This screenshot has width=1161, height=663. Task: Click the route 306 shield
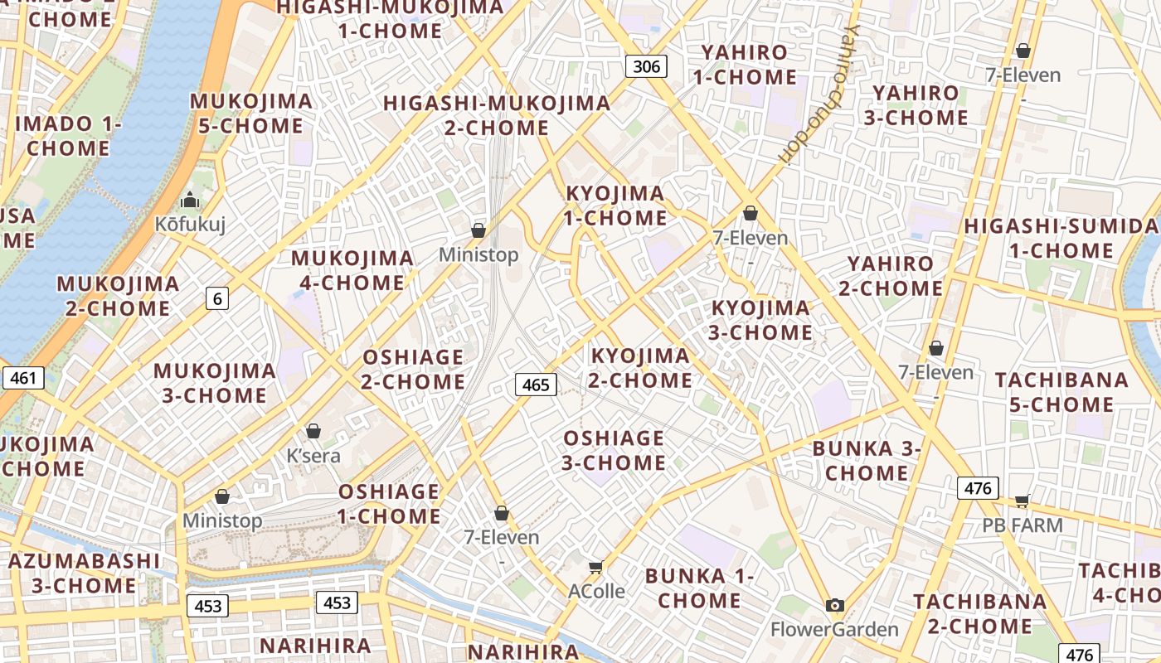(645, 66)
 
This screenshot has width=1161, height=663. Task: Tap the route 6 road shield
(217, 298)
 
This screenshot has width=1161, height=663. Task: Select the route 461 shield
(23, 379)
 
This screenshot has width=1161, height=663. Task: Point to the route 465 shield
(536, 385)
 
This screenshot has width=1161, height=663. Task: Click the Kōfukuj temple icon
(191, 200)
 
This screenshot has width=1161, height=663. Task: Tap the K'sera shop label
(313, 456)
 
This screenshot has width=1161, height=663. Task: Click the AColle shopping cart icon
(595, 567)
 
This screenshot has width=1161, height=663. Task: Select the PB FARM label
(1023, 525)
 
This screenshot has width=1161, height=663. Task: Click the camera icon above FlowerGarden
(835, 605)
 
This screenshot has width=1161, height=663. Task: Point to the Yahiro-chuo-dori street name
(818, 91)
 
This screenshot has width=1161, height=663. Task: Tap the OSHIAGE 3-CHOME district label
(614, 450)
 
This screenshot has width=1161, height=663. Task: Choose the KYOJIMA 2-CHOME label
(640, 368)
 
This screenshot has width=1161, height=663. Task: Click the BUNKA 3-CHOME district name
(867, 461)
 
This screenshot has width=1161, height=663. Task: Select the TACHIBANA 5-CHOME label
(1061, 393)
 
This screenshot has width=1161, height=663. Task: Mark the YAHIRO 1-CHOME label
(744, 65)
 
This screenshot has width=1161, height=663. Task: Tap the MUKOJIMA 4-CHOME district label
(352, 270)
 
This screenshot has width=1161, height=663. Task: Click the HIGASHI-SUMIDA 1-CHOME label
(1061, 238)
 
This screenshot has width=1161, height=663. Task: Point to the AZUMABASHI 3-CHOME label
(84, 573)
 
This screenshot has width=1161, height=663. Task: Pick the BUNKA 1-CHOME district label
(699, 588)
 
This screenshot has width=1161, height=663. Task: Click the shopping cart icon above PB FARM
(1023, 501)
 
